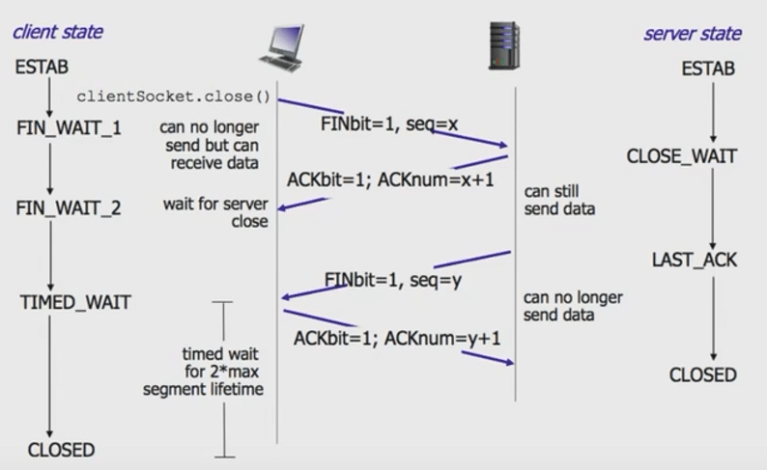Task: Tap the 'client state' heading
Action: pyautogui.click(x=57, y=32)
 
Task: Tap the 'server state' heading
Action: pyautogui.click(x=693, y=34)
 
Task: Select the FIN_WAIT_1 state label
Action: pyautogui.click(x=69, y=126)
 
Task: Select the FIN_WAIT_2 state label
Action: pyautogui.click(x=69, y=207)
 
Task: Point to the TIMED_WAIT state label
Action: pyautogui.click(x=75, y=303)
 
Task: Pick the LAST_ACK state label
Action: pyautogui.click(x=695, y=260)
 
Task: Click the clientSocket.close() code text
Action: pyautogui.click(x=174, y=98)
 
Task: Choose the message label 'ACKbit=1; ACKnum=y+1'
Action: pyautogui.click(x=398, y=338)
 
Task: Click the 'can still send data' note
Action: pyautogui.click(x=559, y=200)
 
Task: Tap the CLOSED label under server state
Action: pyautogui.click(x=702, y=374)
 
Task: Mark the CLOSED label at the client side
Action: pyautogui.click(x=61, y=450)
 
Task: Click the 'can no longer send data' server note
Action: pyautogui.click(x=573, y=306)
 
